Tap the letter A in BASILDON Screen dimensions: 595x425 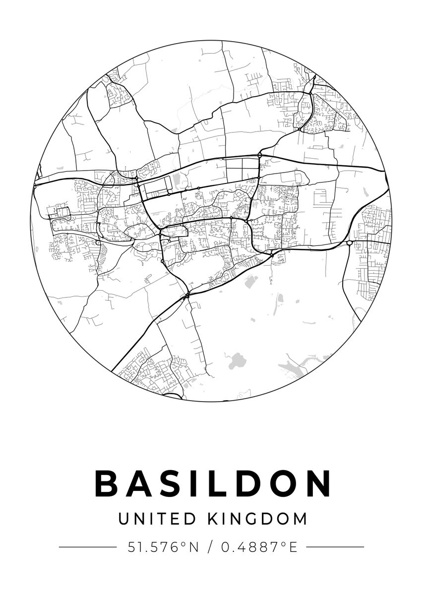point(138,483)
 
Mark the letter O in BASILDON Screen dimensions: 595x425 point(282,483)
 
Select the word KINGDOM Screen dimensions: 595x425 point(257,519)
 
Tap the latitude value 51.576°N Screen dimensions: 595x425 point(163,547)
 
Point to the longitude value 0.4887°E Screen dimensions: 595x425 point(259,547)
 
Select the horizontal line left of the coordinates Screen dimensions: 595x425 point(87,547)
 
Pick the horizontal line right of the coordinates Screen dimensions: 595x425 point(335,547)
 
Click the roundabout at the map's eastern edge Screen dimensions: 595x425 point(350,243)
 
